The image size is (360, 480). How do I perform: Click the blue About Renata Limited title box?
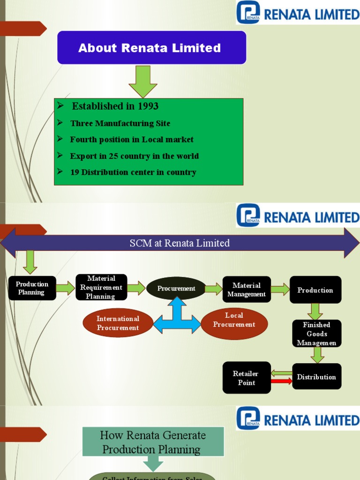coord(151,47)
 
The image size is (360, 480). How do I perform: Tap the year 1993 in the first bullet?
coord(148,106)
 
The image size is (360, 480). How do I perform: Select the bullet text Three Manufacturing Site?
coord(120,123)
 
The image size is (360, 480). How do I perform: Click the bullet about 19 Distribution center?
coord(133,172)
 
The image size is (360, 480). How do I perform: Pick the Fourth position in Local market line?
coord(131,140)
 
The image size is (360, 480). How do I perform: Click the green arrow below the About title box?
coord(143,82)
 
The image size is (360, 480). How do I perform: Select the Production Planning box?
coord(32,288)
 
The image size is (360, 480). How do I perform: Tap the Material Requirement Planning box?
coord(101,287)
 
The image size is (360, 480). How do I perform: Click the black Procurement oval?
coord(176,289)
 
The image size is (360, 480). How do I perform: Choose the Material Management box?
coord(247,290)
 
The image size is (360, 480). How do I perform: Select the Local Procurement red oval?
coord(234,323)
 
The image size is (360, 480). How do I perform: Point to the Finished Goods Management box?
coord(316,334)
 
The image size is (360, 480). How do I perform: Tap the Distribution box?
coord(316,377)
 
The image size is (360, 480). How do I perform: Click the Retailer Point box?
coord(246,378)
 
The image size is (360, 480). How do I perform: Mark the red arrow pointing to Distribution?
coord(281,382)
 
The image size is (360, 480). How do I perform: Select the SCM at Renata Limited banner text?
coord(180,243)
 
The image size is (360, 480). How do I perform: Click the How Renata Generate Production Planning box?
coord(153,442)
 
